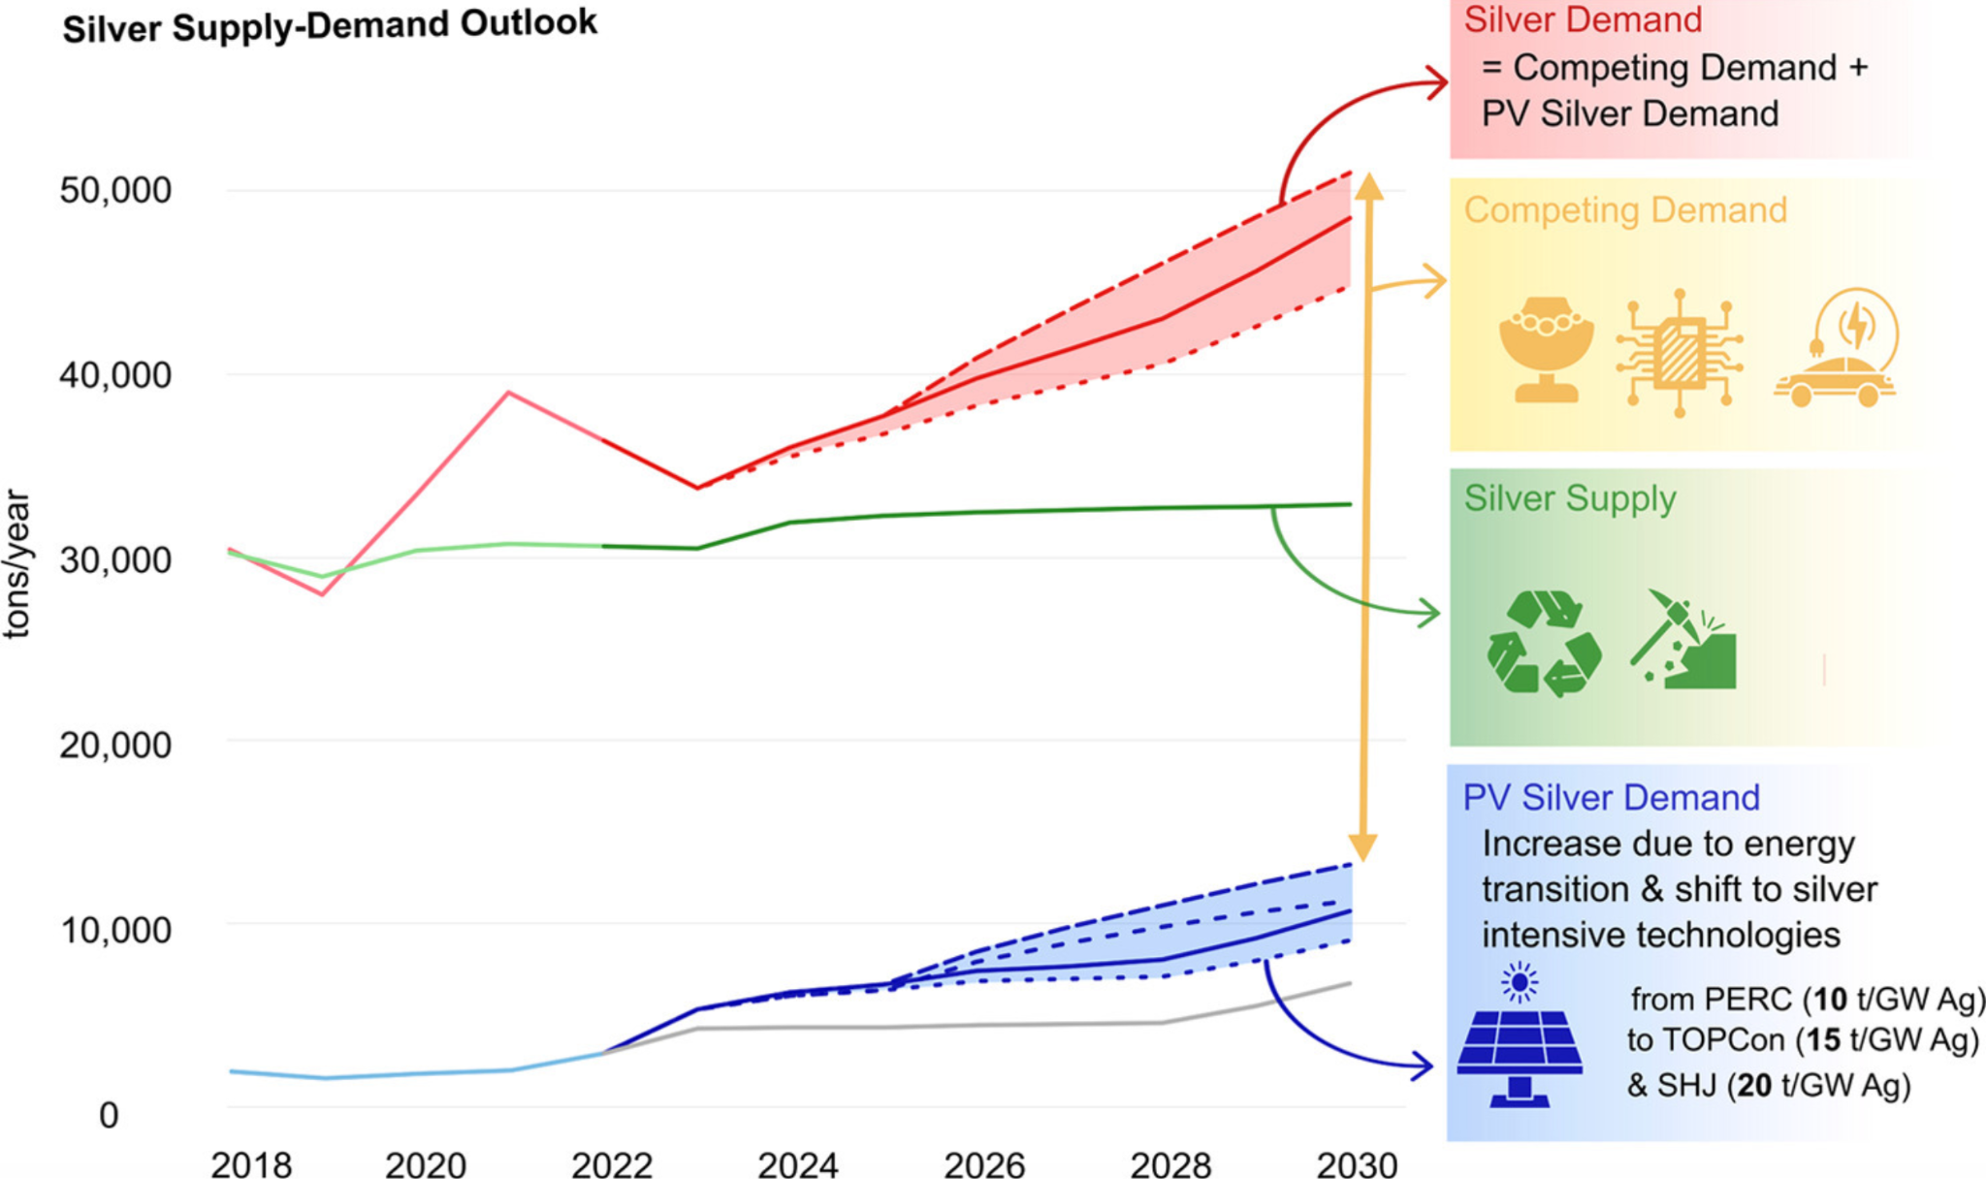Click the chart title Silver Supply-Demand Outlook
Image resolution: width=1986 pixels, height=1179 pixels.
330,26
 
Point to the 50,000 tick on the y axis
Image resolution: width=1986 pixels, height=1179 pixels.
115,190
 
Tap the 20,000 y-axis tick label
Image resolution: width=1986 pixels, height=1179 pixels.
115,745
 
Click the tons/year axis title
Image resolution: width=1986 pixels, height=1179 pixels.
17,563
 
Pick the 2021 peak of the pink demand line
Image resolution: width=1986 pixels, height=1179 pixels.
508,393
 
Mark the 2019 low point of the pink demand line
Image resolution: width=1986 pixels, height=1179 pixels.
321,593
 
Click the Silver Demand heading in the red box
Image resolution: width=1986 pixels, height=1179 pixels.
1583,20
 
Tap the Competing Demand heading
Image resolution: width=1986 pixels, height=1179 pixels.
1625,210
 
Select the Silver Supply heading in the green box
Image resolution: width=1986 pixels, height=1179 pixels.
1570,498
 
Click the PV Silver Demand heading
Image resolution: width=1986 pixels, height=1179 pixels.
1611,798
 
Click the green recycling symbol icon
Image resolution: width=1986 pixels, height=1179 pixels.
1543,643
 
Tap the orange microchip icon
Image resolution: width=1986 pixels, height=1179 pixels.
1680,353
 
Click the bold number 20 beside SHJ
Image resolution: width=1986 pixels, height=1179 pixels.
1753,1085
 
